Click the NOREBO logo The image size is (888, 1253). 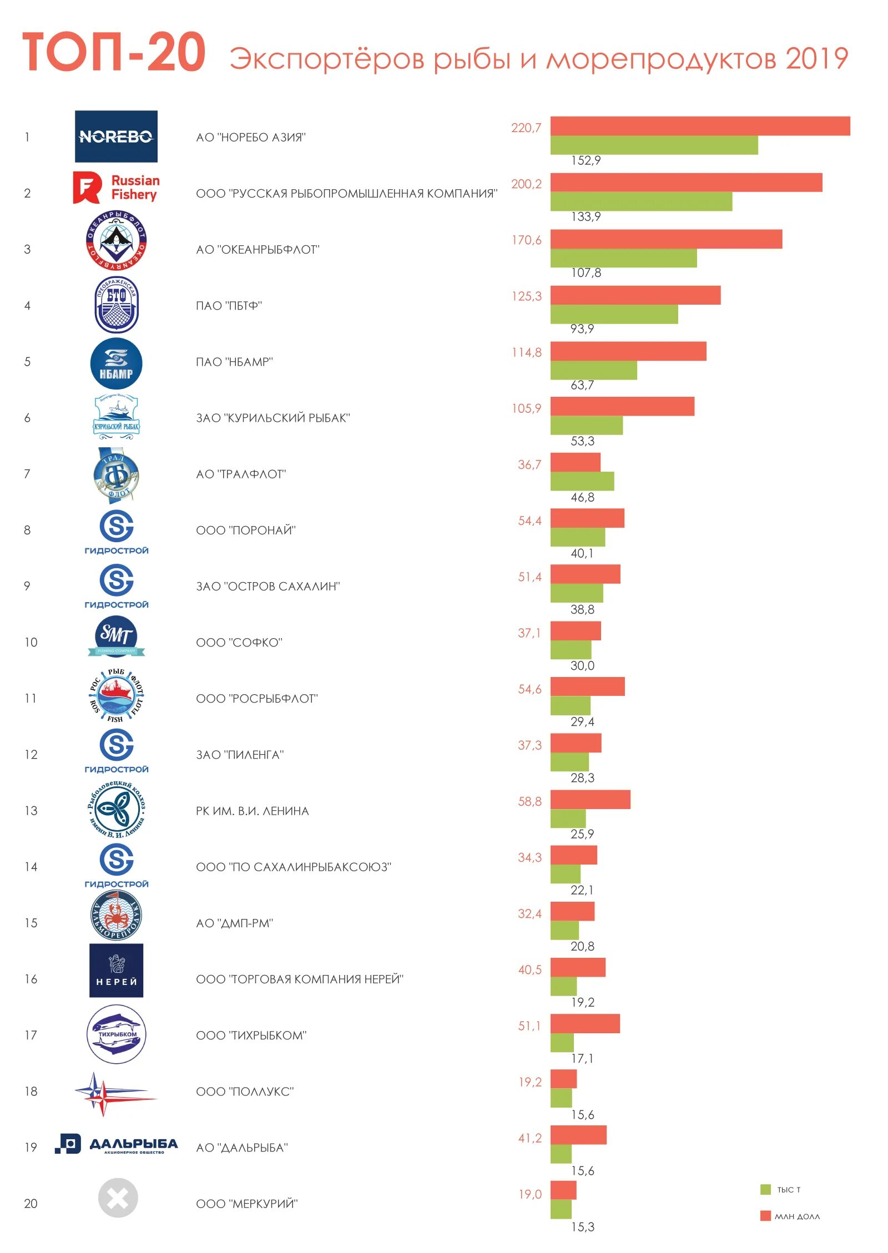(116, 137)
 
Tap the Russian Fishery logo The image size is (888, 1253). (117, 188)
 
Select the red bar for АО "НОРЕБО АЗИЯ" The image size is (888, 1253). (699, 126)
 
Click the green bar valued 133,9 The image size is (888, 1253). (640, 201)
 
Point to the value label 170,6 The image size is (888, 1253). (526, 240)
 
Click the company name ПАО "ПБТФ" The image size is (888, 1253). (229, 306)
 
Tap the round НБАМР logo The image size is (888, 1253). (116, 363)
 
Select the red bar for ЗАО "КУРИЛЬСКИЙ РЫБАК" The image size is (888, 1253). (622, 406)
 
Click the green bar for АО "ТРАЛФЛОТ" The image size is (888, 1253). (582, 481)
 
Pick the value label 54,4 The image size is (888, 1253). (529, 521)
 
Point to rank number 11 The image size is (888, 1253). (31, 698)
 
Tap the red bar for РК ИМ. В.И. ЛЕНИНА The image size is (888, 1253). (590, 799)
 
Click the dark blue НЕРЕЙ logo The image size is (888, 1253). (116, 971)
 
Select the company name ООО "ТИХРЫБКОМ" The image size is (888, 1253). (251, 1035)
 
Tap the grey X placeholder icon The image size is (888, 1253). (118, 1198)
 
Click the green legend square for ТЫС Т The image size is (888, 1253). (765, 1189)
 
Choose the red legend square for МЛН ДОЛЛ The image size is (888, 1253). (765, 1216)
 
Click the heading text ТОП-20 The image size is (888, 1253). (114, 52)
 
